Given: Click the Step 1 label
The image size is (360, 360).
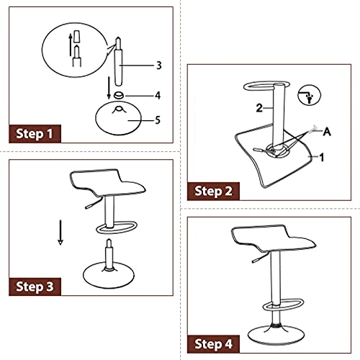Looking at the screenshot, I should tap(35, 134).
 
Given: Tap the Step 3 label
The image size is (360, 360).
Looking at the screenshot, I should tap(35, 287).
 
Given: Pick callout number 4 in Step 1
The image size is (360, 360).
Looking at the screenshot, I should tap(158, 95).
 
